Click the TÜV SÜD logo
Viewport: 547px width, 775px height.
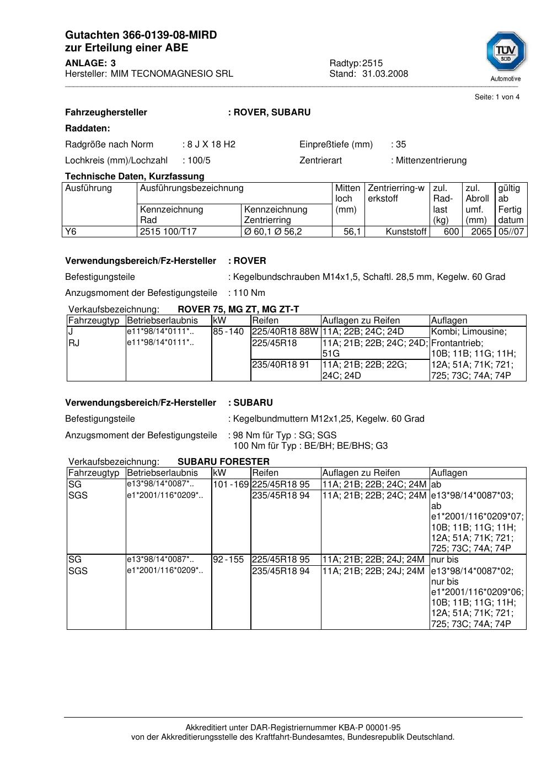(x=506, y=53)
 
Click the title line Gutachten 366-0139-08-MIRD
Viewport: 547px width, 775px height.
(x=141, y=35)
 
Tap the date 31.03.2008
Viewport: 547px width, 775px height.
(x=385, y=74)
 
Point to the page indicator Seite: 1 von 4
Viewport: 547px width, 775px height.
(x=497, y=97)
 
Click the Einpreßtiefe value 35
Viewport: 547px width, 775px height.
(x=401, y=145)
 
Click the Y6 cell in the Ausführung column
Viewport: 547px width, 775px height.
(x=71, y=232)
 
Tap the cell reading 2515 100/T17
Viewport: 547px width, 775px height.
(x=168, y=232)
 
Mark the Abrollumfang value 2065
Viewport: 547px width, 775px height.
(x=481, y=232)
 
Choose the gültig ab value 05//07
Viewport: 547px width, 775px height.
(x=511, y=232)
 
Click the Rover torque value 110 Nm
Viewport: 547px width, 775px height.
(x=249, y=293)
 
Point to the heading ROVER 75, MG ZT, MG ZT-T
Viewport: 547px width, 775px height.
(x=238, y=310)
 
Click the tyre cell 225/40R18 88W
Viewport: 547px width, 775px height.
(x=285, y=332)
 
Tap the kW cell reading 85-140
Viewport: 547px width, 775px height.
(x=228, y=332)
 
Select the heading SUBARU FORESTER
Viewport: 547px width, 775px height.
(x=223, y=462)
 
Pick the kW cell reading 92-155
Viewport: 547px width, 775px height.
(x=228, y=560)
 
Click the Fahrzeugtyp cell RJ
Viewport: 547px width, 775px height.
(x=74, y=343)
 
